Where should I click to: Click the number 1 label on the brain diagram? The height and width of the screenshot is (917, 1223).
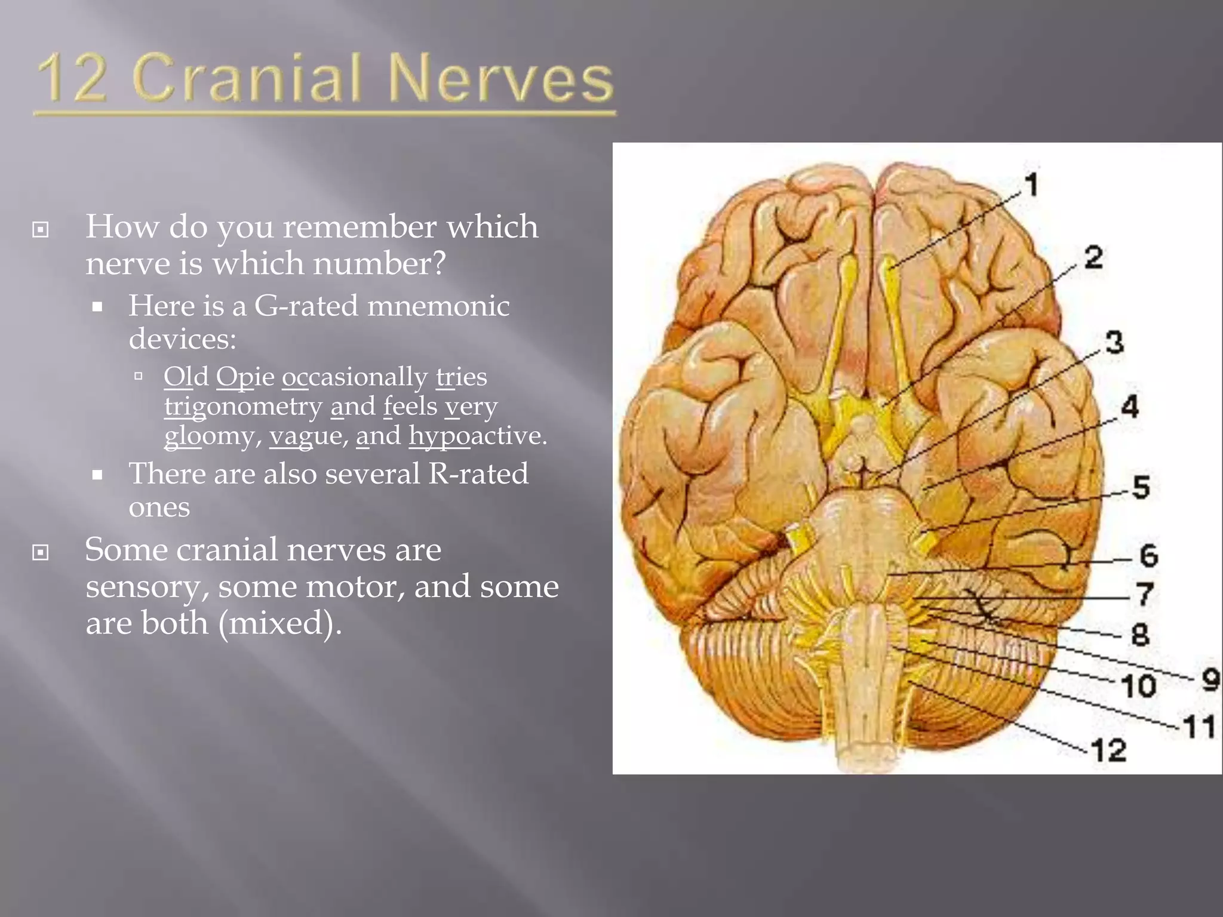[x=1032, y=184]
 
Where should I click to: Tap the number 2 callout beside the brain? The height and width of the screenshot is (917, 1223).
[x=1093, y=257]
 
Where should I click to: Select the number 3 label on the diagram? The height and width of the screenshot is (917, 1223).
[x=1114, y=343]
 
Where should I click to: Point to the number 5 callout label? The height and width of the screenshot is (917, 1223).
[x=1141, y=487]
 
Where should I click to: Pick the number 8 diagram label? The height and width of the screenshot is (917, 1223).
[x=1140, y=634]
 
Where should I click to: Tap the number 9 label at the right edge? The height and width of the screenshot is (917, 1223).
[x=1210, y=679]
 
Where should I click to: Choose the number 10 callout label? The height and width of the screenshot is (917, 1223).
[x=1139, y=686]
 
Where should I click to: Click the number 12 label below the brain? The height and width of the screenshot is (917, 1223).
[x=1109, y=750]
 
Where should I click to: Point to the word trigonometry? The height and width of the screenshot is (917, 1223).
[x=243, y=407]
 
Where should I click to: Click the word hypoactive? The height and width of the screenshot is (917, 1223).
[x=478, y=436]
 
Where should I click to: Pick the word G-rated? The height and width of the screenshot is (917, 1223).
[x=306, y=306]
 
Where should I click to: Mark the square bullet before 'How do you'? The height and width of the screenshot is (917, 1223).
[x=40, y=229]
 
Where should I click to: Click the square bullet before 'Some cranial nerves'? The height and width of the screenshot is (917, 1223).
[x=40, y=552]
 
